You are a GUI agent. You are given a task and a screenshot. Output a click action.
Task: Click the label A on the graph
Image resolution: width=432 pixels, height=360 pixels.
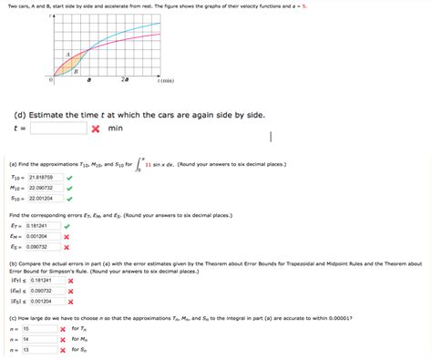[67, 54]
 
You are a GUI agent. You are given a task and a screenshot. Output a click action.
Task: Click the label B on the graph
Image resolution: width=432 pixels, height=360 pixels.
[76, 70]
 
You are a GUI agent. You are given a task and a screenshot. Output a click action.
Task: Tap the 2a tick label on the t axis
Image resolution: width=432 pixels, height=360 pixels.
[124, 81]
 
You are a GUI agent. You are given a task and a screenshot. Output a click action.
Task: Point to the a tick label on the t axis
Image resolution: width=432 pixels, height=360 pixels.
[88, 81]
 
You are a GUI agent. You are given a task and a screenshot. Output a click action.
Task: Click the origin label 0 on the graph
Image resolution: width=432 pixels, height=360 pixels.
[51, 80]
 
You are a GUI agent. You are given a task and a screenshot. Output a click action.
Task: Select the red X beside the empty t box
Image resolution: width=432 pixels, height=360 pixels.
[94, 129]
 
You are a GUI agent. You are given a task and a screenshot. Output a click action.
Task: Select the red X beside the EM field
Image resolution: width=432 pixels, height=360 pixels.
[67, 236]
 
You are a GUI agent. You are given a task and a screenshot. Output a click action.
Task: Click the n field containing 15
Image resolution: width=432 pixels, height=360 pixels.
[38, 328]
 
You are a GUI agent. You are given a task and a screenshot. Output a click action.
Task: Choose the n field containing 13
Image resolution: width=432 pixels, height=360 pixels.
[38, 349]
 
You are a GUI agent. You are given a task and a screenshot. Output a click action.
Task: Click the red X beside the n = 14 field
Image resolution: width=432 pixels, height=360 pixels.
[62, 339]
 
